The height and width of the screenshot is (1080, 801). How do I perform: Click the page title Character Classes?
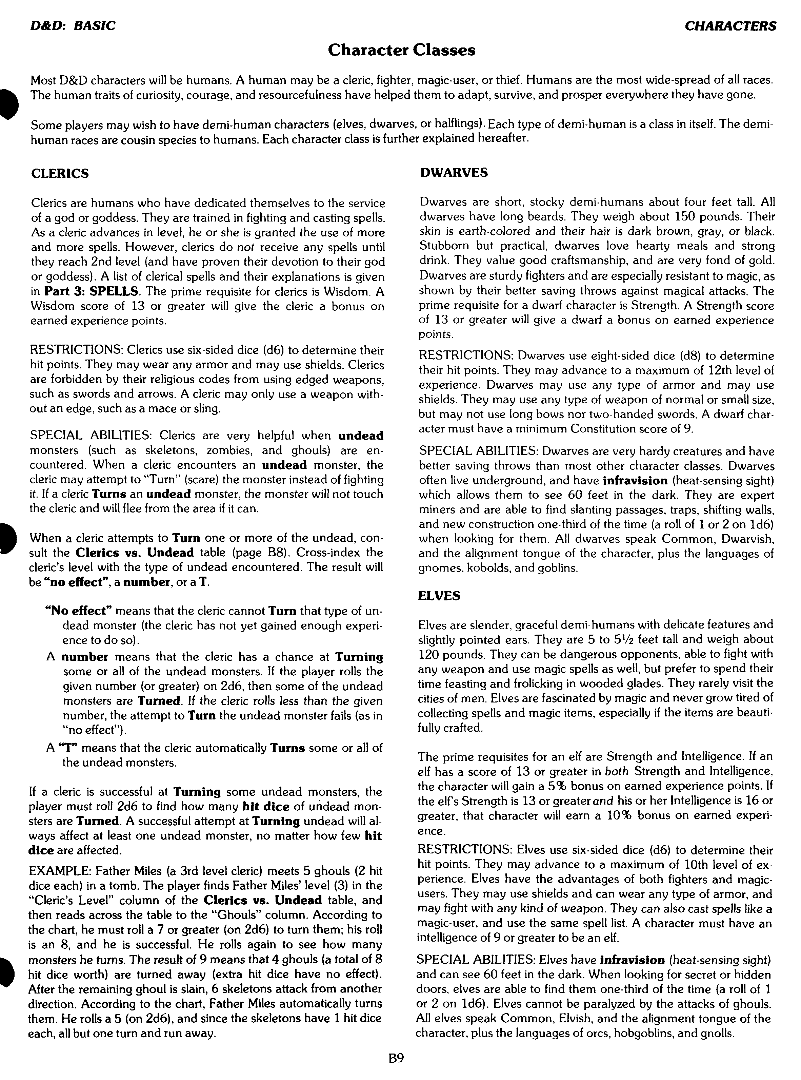coord(401,50)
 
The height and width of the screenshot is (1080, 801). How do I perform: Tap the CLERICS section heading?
coord(60,174)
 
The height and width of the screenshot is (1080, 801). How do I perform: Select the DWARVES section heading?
coord(454,173)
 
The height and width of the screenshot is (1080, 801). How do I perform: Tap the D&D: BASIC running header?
coord(73,26)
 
